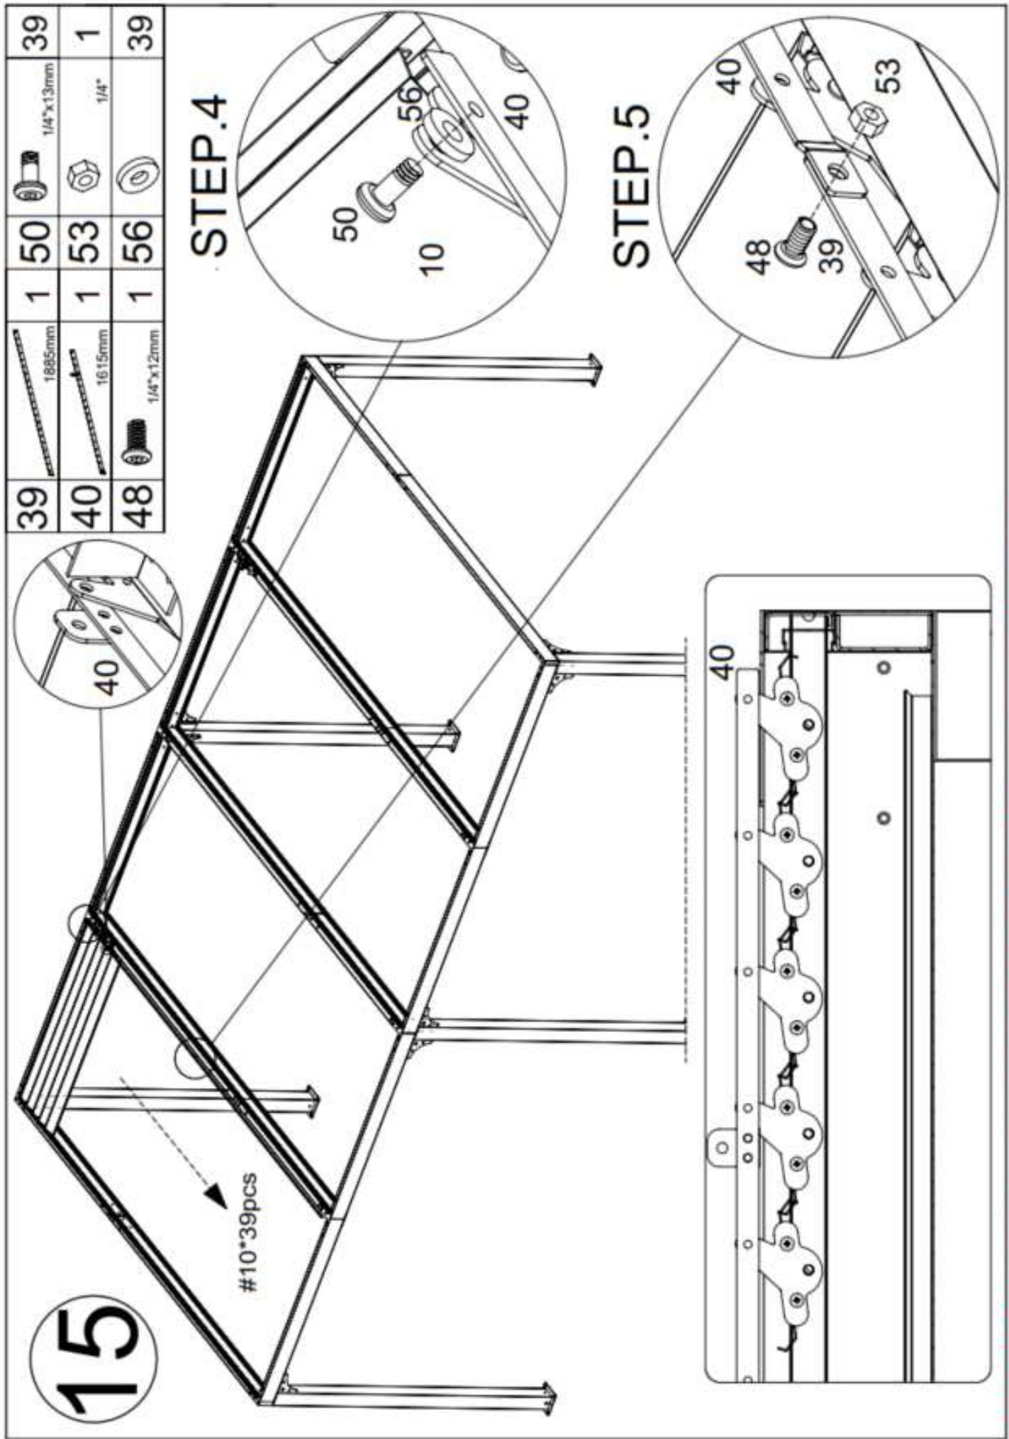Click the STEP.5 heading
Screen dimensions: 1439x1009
pyautogui.click(x=630, y=187)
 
